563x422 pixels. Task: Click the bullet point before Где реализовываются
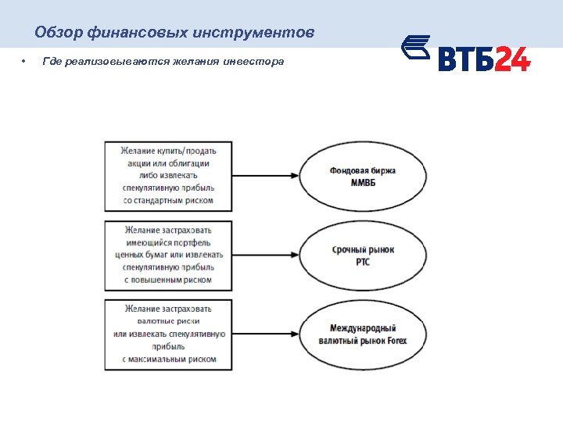click(x=24, y=62)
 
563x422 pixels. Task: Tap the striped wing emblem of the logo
click(x=417, y=48)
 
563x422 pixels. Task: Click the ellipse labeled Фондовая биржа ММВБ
click(x=362, y=176)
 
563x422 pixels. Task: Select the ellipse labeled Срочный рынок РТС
click(x=362, y=255)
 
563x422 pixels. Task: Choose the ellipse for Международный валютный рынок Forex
click(x=362, y=334)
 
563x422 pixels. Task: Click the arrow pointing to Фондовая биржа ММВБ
click(x=266, y=176)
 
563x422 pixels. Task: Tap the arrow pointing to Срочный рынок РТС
click(x=266, y=255)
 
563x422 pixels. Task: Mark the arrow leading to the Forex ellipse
click(x=266, y=334)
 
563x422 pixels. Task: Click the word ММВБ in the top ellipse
click(x=362, y=182)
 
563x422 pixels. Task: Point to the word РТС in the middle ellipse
click(x=362, y=261)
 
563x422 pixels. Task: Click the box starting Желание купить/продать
click(x=169, y=176)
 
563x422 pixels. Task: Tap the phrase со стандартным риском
click(x=168, y=201)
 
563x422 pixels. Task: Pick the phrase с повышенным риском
click(x=168, y=280)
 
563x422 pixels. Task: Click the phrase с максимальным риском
click(x=168, y=359)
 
